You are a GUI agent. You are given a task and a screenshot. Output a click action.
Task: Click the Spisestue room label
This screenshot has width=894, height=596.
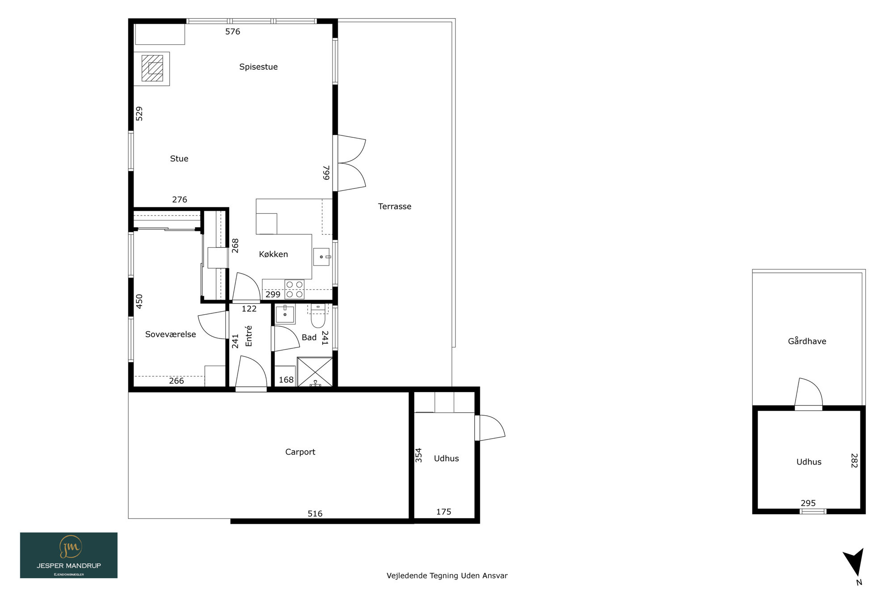click(258, 67)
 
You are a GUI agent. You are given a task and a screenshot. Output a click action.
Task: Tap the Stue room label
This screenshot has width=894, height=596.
click(179, 159)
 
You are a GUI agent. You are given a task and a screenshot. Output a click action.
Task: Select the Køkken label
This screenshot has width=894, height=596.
click(274, 254)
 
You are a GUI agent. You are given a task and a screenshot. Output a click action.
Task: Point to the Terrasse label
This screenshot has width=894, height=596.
click(395, 207)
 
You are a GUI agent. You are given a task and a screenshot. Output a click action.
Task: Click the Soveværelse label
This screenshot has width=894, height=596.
click(171, 334)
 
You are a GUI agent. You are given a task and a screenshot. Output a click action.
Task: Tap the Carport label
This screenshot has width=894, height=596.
click(300, 452)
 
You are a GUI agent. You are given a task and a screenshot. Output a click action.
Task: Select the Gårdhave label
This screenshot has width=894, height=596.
click(807, 341)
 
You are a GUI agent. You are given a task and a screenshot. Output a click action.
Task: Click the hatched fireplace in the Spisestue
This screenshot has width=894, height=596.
click(152, 68)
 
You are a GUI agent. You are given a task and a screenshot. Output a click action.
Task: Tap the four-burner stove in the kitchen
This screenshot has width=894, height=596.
click(295, 289)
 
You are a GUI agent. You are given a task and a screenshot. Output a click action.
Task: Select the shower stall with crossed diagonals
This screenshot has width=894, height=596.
click(315, 372)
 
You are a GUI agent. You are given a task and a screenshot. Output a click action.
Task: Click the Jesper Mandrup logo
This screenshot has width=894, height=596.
click(69, 555)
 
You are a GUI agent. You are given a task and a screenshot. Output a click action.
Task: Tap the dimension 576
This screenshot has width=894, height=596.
click(233, 32)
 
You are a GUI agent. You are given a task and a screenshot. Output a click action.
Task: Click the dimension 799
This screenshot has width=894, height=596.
click(326, 173)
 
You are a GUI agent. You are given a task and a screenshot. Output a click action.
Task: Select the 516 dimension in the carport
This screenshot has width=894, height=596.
click(315, 514)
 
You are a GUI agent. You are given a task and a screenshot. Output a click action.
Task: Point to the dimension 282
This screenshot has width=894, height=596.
click(854, 461)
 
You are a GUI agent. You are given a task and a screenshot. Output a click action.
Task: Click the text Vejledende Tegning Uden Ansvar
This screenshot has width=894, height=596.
click(447, 576)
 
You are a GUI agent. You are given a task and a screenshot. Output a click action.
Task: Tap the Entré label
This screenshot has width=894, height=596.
click(249, 336)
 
